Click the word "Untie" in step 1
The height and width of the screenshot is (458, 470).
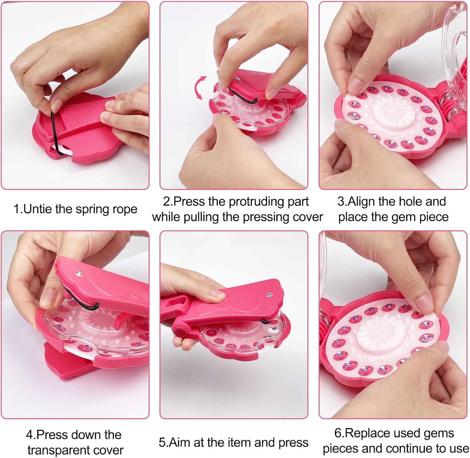(38, 209)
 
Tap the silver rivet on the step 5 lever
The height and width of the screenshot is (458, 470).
(269, 295)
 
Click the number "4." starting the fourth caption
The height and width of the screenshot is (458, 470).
(31, 435)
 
